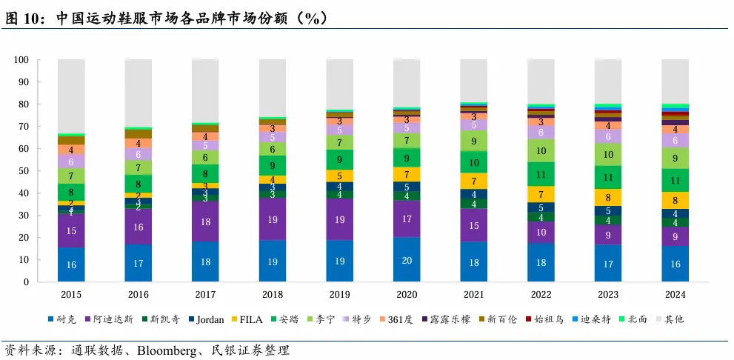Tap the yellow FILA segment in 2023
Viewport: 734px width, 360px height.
pos(608,198)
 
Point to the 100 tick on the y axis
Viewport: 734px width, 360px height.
pos(21,60)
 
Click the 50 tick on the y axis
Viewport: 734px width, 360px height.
pos(24,171)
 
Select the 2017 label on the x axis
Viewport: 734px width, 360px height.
pos(205,294)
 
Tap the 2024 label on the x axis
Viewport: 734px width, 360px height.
pos(675,294)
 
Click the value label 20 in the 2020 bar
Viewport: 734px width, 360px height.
pos(407,261)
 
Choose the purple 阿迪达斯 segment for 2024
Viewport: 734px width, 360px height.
pos(675,237)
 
